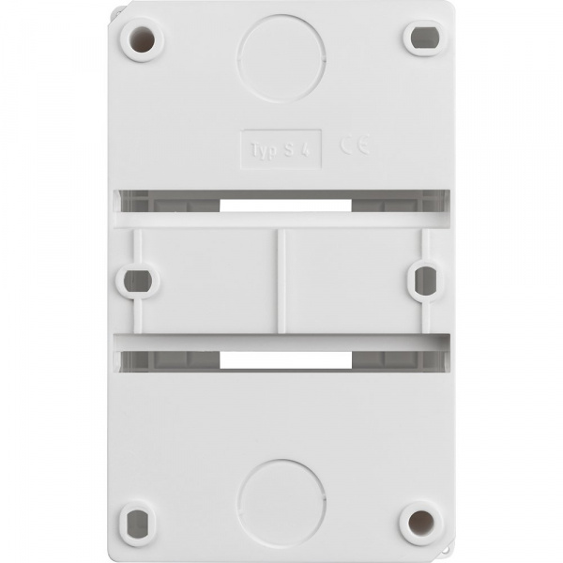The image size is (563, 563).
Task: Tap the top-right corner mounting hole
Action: (x=421, y=38)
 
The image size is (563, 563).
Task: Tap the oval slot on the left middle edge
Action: (x=138, y=280)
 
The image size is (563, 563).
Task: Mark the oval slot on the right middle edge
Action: (x=424, y=279)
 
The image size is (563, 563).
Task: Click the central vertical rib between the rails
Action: (x=281, y=280)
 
